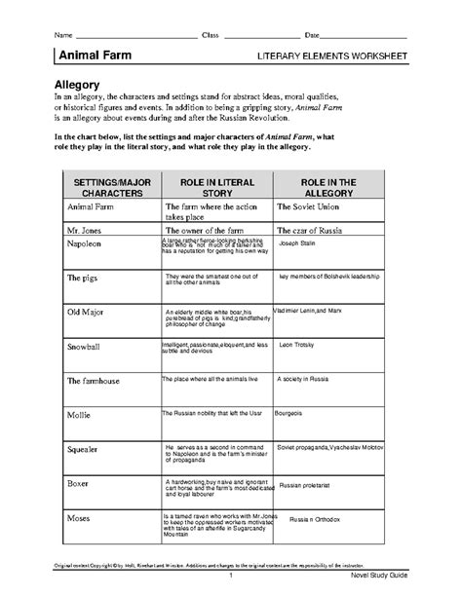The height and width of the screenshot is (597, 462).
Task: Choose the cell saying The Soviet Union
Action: [x=312, y=207]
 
